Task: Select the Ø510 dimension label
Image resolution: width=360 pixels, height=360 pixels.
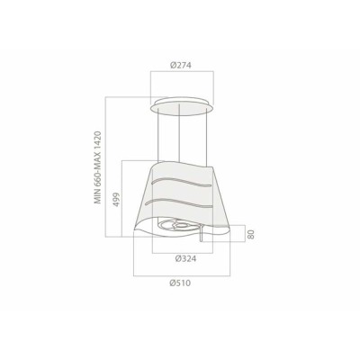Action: coord(180,283)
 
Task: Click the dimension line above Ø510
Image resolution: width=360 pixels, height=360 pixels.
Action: coord(180,274)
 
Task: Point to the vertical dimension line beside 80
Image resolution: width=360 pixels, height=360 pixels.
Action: coord(243,236)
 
